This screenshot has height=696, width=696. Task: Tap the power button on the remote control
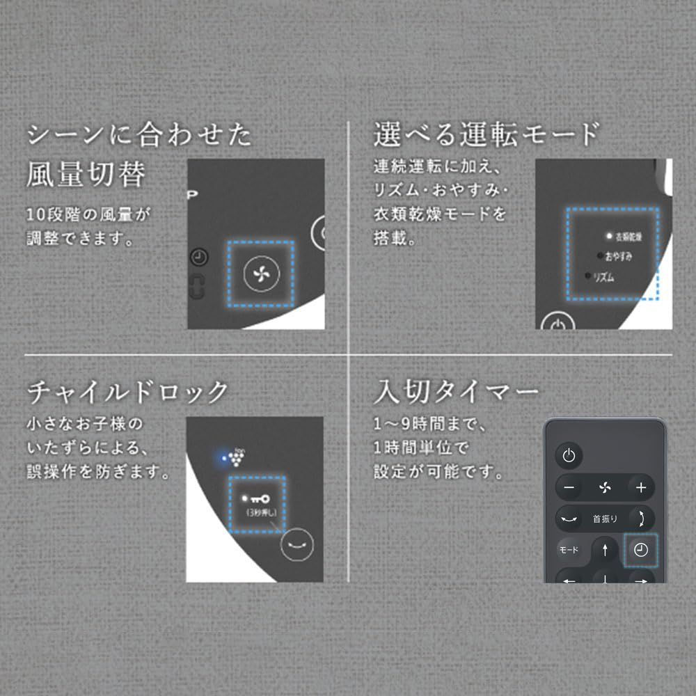point(569,456)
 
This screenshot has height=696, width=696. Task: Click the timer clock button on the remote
point(640,550)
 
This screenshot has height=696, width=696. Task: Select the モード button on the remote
point(569,550)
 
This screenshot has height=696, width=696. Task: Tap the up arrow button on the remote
point(605,549)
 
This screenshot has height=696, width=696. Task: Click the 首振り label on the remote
point(605,519)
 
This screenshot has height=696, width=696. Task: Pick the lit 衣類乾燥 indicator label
point(628,237)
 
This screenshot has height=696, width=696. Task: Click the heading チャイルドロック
point(127,393)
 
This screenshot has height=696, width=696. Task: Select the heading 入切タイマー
point(456,393)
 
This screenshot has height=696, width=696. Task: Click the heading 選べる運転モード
point(486,134)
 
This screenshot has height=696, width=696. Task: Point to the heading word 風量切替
point(86,175)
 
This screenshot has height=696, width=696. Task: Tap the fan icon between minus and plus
point(604,487)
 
